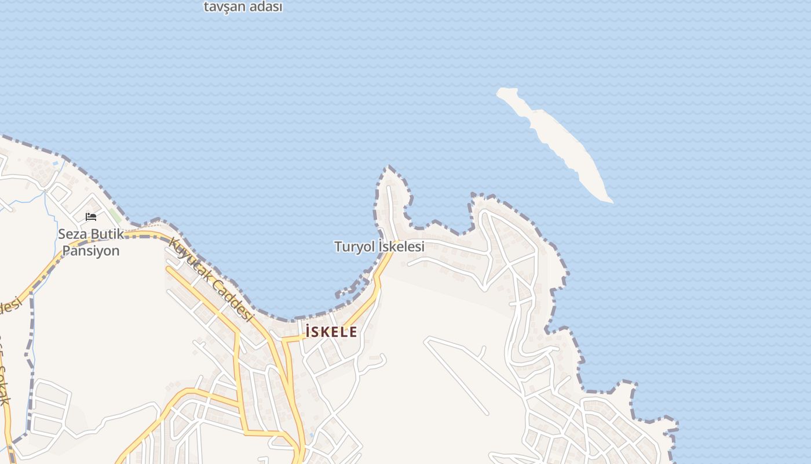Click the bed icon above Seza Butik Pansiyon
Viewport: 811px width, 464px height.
tap(91, 217)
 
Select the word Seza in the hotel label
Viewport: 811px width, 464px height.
tap(72, 234)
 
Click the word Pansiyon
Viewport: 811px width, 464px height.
tap(90, 251)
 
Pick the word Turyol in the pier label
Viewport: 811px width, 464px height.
tap(354, 246)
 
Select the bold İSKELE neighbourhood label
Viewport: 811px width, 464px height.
tap(331, 332)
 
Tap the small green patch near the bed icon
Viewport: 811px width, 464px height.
tap(116, 216)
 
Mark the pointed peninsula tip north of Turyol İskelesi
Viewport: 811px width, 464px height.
tap(389, 168)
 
